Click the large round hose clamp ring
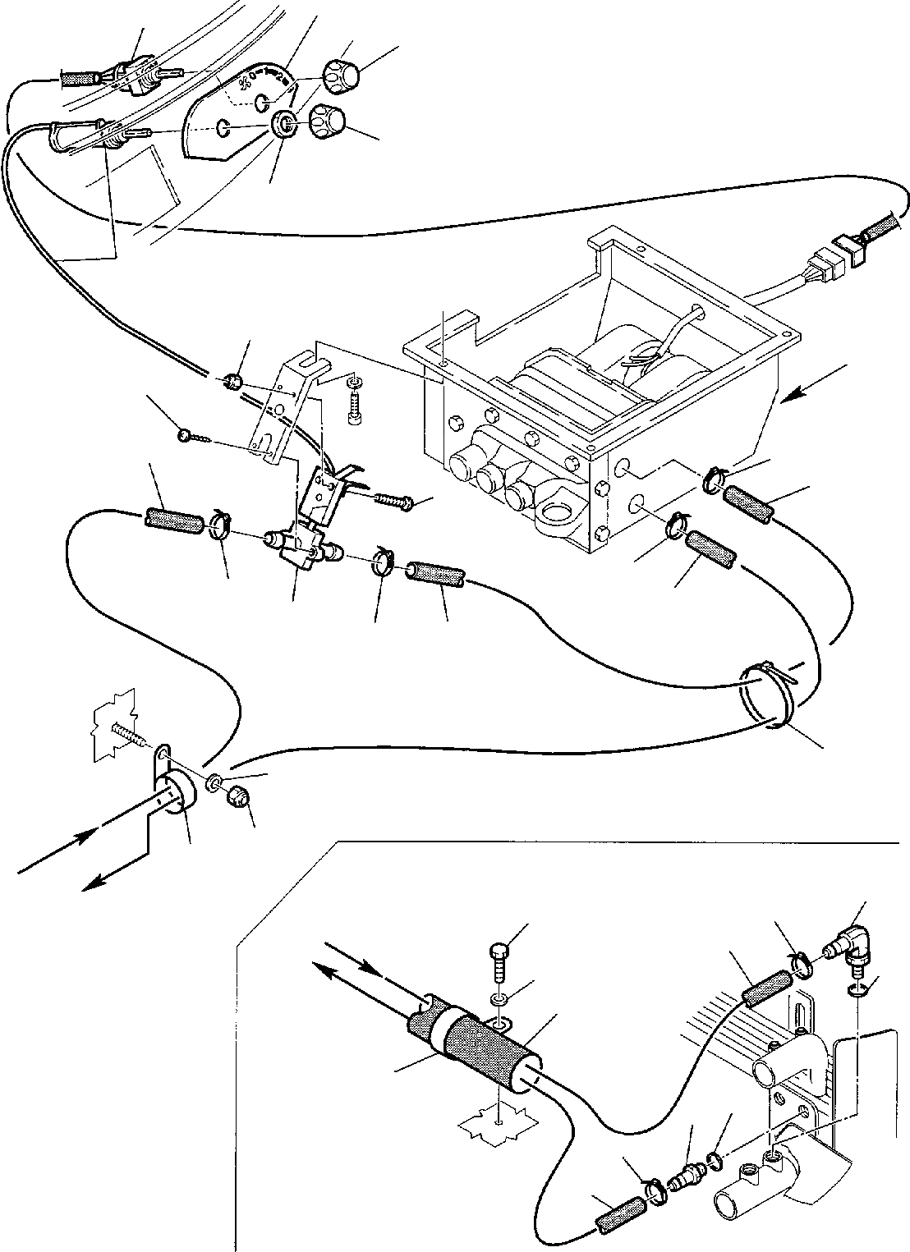pos(764,698)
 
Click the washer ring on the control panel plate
pos(285,126)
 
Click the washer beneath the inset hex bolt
pos(498,997)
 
